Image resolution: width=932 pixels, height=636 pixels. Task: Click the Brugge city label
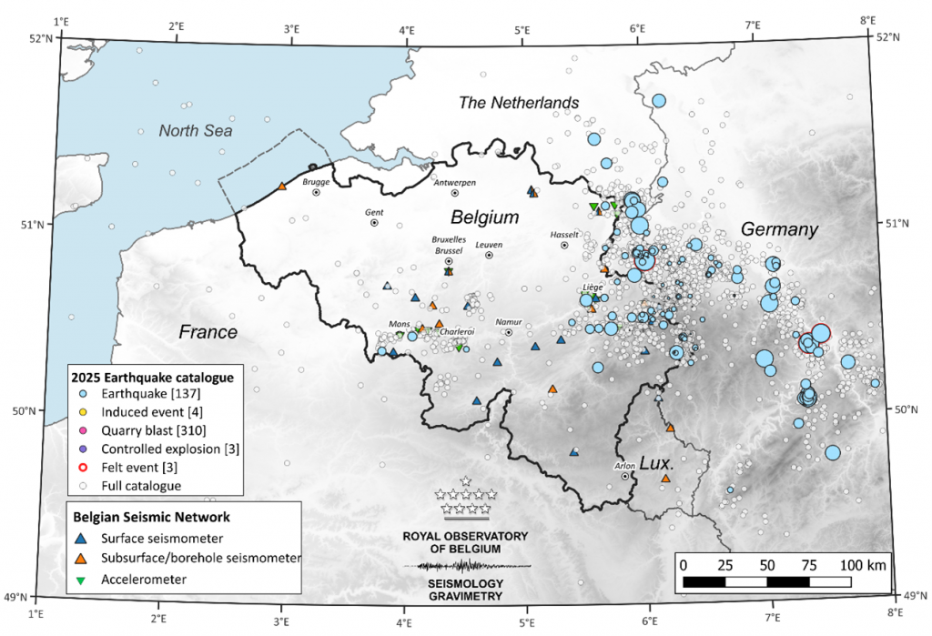pos(316,180)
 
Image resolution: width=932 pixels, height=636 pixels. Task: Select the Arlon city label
pos(624,465)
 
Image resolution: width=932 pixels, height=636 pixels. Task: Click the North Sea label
pos(195,131)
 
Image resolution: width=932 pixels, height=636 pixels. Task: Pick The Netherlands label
pos(518,102)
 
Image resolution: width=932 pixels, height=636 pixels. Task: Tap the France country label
pos(208,331)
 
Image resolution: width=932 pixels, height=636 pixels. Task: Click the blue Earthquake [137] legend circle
pos(83,394)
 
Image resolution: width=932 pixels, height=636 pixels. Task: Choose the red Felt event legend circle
pos(83,467)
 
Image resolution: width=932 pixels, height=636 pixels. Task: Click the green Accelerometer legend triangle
pos(83,579)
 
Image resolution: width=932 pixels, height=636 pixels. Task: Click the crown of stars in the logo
pos(466,500)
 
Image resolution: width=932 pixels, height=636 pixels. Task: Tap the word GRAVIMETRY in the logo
pos(466,595)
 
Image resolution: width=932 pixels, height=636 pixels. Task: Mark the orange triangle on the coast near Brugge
pos(282,186)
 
